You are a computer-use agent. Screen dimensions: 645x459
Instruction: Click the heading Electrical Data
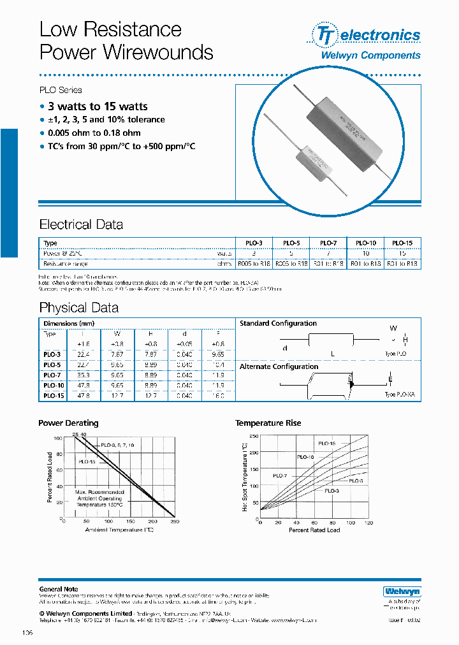81,224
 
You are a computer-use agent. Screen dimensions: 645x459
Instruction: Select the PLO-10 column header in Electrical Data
366,243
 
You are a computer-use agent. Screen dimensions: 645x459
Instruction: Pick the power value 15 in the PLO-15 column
402,253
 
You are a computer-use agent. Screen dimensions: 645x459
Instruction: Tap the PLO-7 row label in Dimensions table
52,375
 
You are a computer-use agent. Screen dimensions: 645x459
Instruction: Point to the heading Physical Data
78,308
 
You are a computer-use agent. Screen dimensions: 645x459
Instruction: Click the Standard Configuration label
278,324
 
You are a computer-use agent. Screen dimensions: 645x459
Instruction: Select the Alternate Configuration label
279,366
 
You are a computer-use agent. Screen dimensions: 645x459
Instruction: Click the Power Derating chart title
68,423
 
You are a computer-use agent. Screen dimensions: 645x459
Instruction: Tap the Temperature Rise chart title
268,423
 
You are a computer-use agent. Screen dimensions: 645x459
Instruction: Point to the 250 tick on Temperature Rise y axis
254,436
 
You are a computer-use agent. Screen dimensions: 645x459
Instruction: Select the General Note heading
59,589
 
